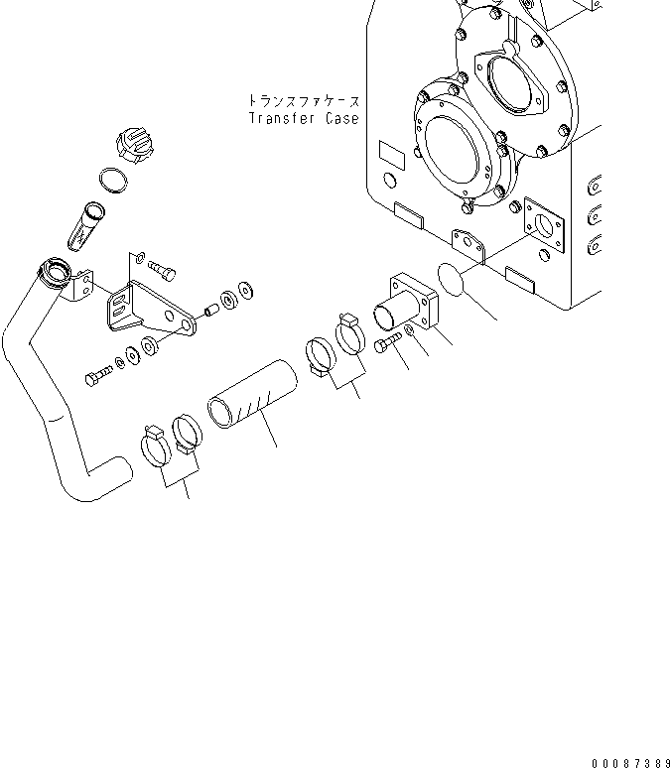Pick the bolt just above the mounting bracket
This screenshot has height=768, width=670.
point(165,265)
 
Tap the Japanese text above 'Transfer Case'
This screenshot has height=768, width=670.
point(303,101)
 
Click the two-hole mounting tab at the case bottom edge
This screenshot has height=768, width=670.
point(468,241)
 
